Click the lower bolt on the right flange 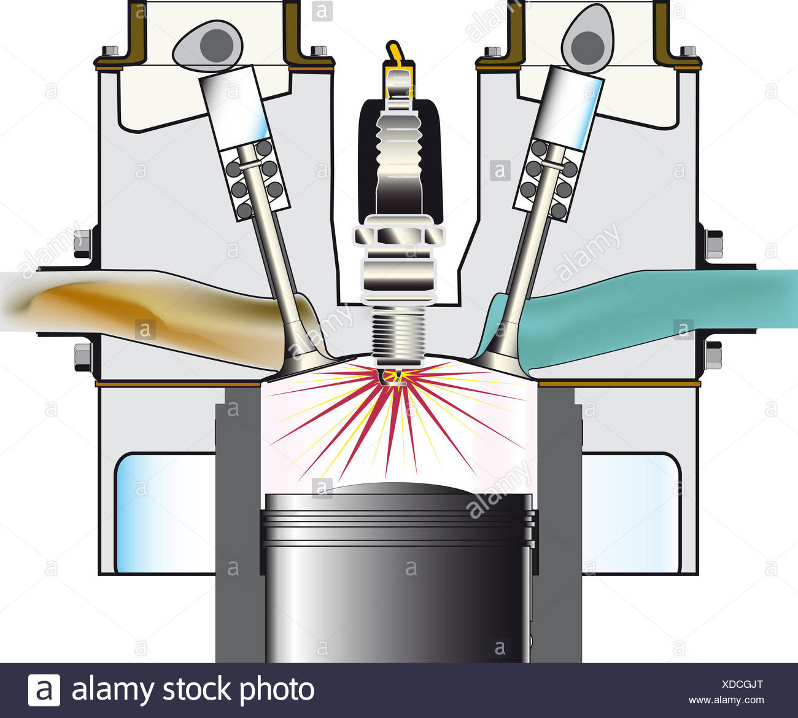pos(713,356)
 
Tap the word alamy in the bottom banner pos(113,690)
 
